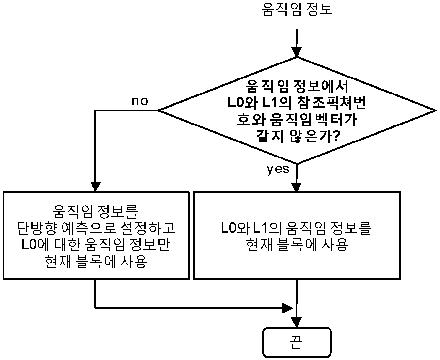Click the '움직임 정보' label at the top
[297, 9]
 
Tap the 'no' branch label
[140, 101]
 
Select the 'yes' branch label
[278, 169]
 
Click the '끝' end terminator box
[297, 342]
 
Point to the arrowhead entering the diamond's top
[297, 52]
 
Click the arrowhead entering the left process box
[95, 187]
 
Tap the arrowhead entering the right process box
[297, 187]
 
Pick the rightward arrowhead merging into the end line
[287, 308]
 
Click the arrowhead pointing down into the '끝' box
[297, 322]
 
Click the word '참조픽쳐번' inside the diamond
[331, 103]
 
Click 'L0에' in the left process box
[36, 245]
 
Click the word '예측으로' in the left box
[90, 228]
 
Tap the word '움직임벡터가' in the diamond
[313, 120]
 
